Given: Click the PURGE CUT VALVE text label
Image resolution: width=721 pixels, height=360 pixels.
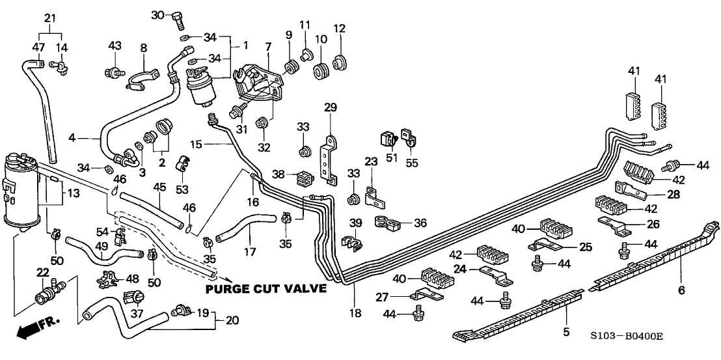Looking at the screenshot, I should click(x=265, y=289).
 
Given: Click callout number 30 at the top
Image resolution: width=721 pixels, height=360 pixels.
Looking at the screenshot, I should click(x=158, y=14).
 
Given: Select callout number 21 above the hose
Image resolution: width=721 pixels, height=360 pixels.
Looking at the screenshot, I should click(x=50, y=18).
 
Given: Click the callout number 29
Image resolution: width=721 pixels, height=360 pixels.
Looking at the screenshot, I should click(x=331, y=107).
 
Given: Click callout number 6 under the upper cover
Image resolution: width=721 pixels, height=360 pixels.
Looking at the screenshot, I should click(x=681, y=290).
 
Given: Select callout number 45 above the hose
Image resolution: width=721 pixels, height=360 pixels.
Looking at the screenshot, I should click(x=160, y=187).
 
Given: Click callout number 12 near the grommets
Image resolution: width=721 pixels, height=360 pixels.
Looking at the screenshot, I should click(x=339, y=29).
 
